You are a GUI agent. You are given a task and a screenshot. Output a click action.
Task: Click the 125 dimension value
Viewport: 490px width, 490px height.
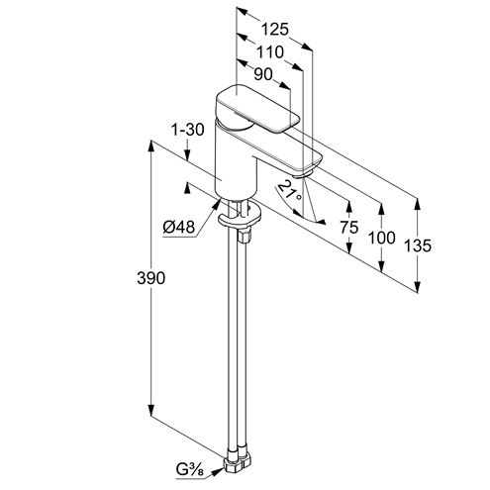pos(274,30)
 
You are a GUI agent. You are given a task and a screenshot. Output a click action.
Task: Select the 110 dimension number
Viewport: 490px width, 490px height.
pos(270,52)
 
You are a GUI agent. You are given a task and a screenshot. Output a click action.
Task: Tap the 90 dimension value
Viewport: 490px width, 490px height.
pos(263,74)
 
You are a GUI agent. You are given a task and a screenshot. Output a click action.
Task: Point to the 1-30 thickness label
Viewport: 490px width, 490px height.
pos(187,130)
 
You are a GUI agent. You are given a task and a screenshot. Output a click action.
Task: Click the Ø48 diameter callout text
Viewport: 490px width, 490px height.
pos(179,227)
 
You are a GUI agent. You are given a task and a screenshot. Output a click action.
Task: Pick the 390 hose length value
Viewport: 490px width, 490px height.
pos(150,278)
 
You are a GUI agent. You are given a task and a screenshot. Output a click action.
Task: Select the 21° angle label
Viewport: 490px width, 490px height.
pos(290,190)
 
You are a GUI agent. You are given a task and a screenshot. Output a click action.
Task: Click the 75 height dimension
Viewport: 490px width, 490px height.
pos(349,228)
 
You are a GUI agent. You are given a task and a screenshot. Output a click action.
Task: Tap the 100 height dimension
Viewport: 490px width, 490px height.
pos(381,238)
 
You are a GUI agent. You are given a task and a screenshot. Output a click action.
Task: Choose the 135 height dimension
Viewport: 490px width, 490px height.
pos(418,245)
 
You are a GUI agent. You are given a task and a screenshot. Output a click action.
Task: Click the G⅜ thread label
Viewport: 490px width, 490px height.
pos(190,470)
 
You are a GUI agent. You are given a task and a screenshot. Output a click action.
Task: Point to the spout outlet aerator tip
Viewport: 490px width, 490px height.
pos(303,175)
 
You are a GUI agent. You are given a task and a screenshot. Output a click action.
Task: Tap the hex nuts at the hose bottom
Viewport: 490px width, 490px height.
pos(237,459)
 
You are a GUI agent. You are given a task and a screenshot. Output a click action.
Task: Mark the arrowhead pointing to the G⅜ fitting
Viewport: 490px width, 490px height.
pos(217,471)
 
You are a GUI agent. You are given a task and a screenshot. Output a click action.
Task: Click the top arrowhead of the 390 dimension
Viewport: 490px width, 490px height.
pos(151,147)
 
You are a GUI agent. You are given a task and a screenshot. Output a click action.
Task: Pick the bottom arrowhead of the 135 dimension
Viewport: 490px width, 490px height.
pos(418,286)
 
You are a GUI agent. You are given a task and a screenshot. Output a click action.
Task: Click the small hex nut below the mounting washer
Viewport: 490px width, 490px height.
pos(245,237)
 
